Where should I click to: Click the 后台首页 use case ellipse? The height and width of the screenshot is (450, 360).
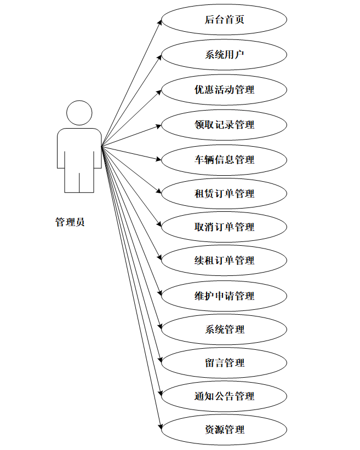point(224,20)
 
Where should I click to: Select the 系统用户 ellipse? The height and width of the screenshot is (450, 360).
point(224,54)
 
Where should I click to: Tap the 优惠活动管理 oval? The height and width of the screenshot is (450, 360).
point(224,89)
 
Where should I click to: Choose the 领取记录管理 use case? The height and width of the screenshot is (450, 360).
point(224,124)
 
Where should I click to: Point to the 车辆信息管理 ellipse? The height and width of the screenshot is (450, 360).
point(224,159)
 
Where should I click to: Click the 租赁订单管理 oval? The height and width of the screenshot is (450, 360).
point(224,193)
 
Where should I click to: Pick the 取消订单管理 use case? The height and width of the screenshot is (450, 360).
point(224,227)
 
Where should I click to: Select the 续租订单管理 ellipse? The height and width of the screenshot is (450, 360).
point(224,260)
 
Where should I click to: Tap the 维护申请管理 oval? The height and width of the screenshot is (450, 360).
point(224,296)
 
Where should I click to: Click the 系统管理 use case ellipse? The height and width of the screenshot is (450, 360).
point(224,329)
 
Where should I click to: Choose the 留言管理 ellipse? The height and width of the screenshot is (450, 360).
point(224,362)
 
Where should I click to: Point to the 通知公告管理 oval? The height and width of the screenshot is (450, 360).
point(224,396)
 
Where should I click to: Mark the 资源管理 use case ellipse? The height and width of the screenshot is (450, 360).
point(224,429)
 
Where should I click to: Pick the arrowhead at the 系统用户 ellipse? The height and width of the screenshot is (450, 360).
point(159,56)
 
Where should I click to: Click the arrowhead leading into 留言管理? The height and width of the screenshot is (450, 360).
point(160,360)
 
